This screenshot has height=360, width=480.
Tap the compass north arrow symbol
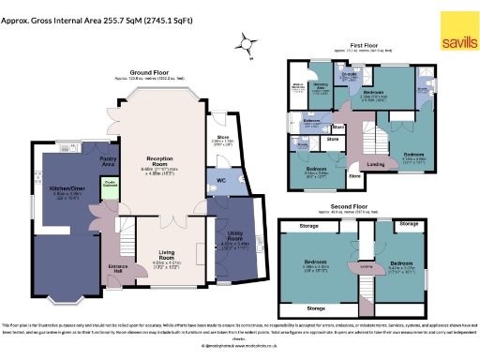247,42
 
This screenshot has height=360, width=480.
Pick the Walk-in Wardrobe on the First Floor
298,90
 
